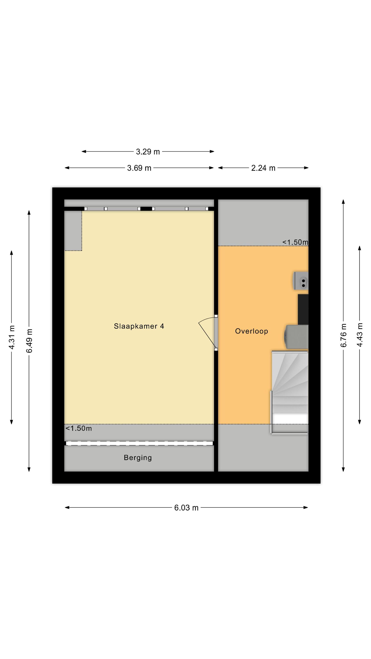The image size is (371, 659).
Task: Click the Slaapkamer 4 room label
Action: (x=139, y=326)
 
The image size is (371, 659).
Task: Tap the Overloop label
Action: (x=251, y=331)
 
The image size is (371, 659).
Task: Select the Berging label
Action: (x=138, y=458)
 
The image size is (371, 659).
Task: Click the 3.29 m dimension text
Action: (x=148, y=152)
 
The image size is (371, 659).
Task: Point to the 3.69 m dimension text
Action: (x=139, y=168)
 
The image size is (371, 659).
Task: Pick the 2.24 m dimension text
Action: (x=263, y=168)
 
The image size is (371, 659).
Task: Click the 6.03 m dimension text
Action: (x=186, y=508)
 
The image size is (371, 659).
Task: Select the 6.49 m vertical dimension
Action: (x=29, y=341)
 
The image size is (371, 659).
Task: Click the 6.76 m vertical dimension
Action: (x=343, y=335)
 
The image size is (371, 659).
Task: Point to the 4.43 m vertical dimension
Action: (x=360, y=335)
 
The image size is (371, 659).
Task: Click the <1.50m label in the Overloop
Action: (x=295, y=242)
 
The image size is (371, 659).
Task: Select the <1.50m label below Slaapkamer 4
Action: (x=79, y=428)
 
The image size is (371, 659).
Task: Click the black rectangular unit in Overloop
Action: (x=303, y=310)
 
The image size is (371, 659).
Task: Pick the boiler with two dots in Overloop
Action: (x=301, y=281)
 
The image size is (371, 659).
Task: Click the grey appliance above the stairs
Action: (x=296, y=337)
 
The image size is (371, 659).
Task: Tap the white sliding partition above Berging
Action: (x=139, y=443)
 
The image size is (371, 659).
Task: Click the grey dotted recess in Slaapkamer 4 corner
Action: (x=73, y=231)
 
